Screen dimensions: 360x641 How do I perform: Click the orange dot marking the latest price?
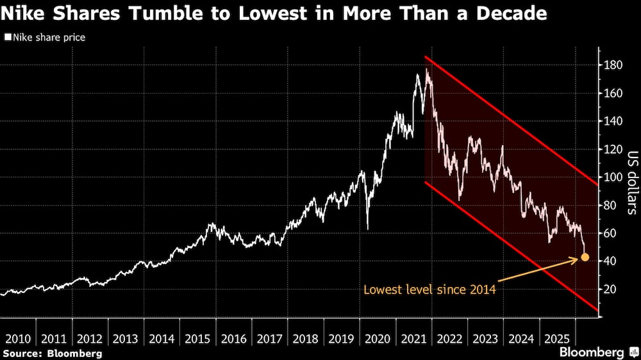click(585, 258)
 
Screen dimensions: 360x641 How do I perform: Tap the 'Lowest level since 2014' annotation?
click(429, 290)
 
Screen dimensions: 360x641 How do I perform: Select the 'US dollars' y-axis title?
click(631, 181)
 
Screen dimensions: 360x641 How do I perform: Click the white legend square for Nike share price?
click(7, 38)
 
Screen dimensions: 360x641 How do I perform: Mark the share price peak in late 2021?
click(427, 69)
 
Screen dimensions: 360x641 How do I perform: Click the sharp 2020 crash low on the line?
click(367, 229)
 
